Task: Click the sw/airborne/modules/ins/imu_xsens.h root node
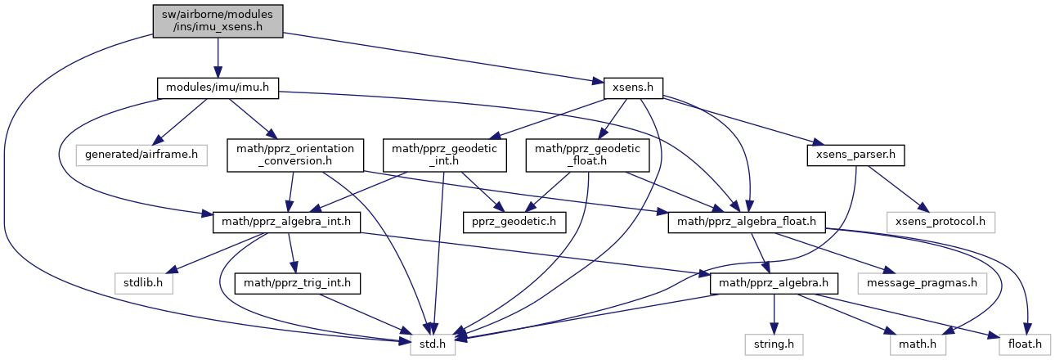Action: [x=218, y=20]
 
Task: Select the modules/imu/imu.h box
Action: [x=218, y=88]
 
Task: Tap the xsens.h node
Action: [x=632, y=88]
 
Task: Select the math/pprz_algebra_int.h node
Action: [x=286, y=221]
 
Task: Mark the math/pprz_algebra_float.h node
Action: [x=747, y=221]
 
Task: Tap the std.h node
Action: [x=432, y=345]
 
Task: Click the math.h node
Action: [x=918, y=345]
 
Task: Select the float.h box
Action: [x=1022, y=345]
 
